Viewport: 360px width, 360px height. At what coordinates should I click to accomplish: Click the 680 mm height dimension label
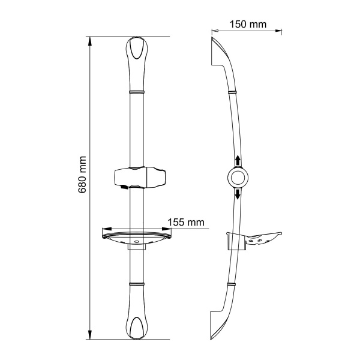82,175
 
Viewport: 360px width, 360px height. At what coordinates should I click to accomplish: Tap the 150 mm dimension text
248,25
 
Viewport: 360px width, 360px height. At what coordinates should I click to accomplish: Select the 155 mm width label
186,222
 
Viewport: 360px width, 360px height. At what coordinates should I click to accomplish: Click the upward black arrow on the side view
238,160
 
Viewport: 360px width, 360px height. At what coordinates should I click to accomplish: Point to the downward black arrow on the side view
238,194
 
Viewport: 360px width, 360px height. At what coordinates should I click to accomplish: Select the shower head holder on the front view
140,178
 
